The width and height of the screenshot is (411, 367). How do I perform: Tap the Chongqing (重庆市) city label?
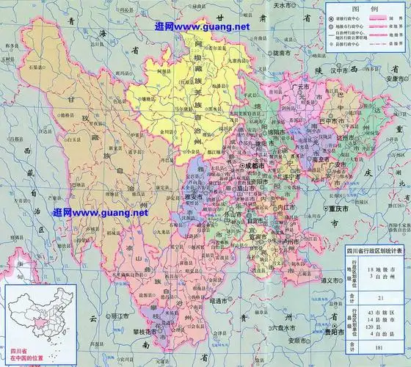tap(340, 208)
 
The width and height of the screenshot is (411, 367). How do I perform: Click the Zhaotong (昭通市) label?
tap(221, 301)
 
